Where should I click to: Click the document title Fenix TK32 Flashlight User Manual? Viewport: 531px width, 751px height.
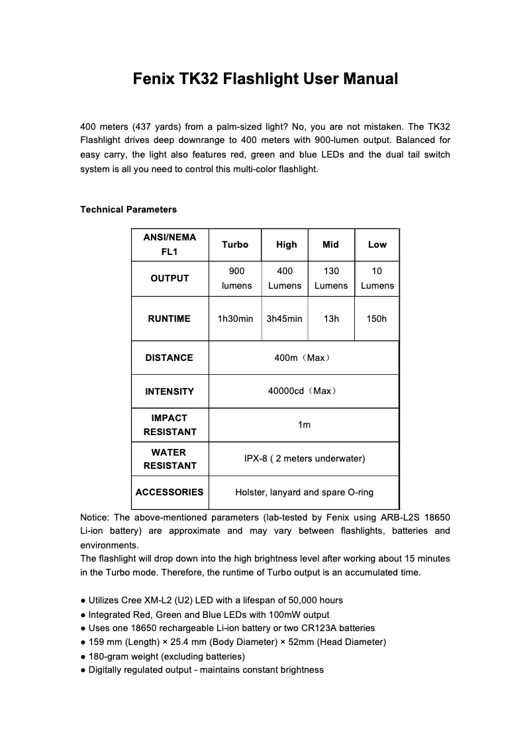click(x=265, y=79)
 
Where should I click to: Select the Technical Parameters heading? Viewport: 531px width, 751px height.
click(x=128, y=209)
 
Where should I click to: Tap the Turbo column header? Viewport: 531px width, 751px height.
click(x=235, y=244)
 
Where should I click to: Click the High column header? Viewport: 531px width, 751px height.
click(x=286, y=244)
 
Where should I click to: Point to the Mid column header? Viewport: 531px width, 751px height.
click(x=330, y=244)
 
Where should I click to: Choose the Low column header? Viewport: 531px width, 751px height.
click(x=377, y=244)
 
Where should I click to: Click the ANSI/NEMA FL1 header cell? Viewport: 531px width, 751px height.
click(x=169, y=244)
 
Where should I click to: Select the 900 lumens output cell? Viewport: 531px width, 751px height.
click(x=236, y=278)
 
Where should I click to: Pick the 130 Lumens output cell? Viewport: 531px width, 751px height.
click(x=331, y=278)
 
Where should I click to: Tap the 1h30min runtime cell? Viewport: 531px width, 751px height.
click(x=235, y=319)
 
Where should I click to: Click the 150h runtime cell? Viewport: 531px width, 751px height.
click(x=377, y=319)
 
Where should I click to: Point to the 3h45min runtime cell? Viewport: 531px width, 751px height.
click(x=284, y=319)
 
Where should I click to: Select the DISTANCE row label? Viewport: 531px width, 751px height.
click(x=169, y=358)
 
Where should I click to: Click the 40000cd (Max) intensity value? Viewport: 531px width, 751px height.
click(x=303, y=391)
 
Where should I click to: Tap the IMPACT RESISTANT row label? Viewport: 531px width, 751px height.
click(x=169, y=425)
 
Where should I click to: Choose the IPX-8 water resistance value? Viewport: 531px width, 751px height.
click(x=304, y=458)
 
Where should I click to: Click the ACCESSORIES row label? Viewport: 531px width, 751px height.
click(x=169, y=492)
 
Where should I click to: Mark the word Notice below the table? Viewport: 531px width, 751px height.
click(x=95, y=517)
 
